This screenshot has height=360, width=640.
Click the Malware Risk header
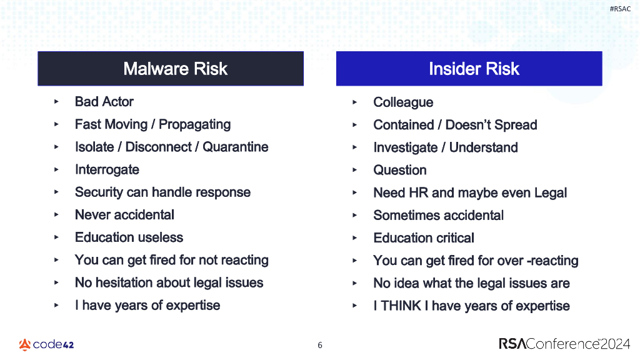point(175,69)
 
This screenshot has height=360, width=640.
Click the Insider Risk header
point(474,69)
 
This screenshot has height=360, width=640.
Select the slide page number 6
point(320,345)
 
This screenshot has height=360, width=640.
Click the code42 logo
point(46,344)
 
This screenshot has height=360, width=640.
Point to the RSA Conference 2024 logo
point(564,344)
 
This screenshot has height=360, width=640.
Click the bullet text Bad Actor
point(104,102)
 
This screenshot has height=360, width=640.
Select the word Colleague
point(402,102)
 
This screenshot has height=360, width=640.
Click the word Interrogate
point(107,170)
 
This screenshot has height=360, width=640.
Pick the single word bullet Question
point(399,171)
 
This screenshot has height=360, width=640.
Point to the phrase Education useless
point(129,237)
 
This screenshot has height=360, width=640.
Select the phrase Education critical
point(423,238)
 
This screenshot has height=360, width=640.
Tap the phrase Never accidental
point(124,215)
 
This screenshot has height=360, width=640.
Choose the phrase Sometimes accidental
point(438,216)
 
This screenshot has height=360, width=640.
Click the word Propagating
point(194,124)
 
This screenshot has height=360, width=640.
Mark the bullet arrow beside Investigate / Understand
point(355,147)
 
